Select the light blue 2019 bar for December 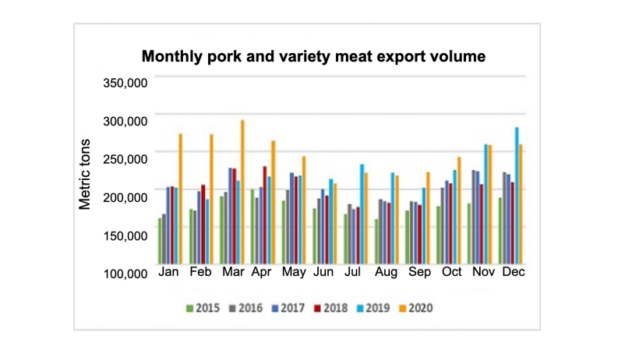tap(517, 196)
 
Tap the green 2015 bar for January tap(161, 242)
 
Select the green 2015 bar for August tap(376, 242)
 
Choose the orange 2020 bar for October tap(459, 210)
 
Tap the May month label tap(294, 274)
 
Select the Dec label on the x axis tap(513, 274)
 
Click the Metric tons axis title tap(86, 175)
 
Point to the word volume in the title tap(457, 57)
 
